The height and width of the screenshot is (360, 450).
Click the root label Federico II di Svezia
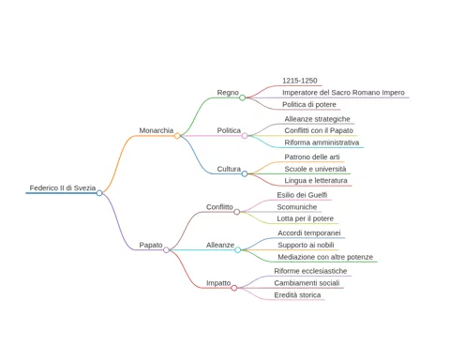point(63,187)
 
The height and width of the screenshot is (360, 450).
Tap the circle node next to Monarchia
point(177,136)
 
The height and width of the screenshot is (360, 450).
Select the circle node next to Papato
point(166,249)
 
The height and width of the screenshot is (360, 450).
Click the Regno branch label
point(228,93)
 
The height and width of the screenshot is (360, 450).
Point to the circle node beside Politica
point(245,136)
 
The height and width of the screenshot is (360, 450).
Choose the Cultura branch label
point(229,169)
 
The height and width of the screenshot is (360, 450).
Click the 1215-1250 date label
point(300,81)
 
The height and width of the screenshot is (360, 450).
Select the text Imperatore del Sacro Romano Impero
point(343,93)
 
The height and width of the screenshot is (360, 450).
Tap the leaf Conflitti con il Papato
point(319,130)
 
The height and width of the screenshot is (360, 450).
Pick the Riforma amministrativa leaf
point(322,142)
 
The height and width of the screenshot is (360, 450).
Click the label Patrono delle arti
point(312,157)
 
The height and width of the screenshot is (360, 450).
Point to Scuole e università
point(315,169)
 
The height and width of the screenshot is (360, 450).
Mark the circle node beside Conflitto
point(237,212)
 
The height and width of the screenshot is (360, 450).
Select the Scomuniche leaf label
point(297,207)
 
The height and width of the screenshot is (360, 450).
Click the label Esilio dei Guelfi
point(302,195)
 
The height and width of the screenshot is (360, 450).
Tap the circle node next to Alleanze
point(238,249)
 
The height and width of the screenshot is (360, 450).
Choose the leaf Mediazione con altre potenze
point(325,257)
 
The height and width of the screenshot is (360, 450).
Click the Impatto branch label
point(218,283)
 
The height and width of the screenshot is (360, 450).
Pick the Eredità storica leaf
point(297,295)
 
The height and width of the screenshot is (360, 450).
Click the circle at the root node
point(99,193)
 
